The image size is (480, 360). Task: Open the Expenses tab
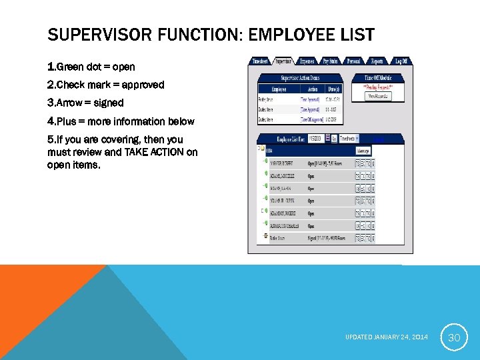tap(307, 61)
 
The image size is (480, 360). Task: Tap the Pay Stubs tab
tap(330, 61)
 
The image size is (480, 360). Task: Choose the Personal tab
tap(353, 61)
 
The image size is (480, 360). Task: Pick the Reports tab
tap(377, 61)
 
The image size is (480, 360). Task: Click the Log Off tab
tap(401, 61)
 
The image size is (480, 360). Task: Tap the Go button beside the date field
tap(334, 139)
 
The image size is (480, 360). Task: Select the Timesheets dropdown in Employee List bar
tap(349, 139)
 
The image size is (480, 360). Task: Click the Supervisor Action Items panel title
tap(299, 78)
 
